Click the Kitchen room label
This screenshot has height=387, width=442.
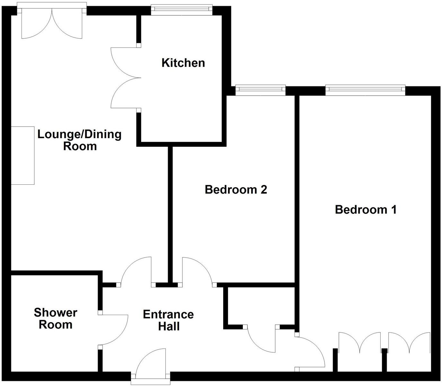point(183,63)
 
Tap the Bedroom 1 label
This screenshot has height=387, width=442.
point(366,210)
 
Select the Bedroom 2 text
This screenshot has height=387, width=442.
point(236,189)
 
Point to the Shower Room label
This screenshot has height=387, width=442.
point(56,318)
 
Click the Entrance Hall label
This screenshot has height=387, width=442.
point(168,320)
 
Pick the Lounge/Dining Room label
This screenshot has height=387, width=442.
point(80,140)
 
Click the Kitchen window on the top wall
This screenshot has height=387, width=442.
point(182,10)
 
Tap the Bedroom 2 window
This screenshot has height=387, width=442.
point(260,90)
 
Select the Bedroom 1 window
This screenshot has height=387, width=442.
point(365,90)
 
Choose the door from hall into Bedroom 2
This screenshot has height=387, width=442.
point(197,271)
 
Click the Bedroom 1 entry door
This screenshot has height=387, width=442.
point(310,352)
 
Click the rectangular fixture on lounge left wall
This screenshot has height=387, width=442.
point(23,155)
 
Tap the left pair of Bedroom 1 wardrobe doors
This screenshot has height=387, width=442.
point(360,344)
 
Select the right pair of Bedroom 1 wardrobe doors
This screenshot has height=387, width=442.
point(409,344)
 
